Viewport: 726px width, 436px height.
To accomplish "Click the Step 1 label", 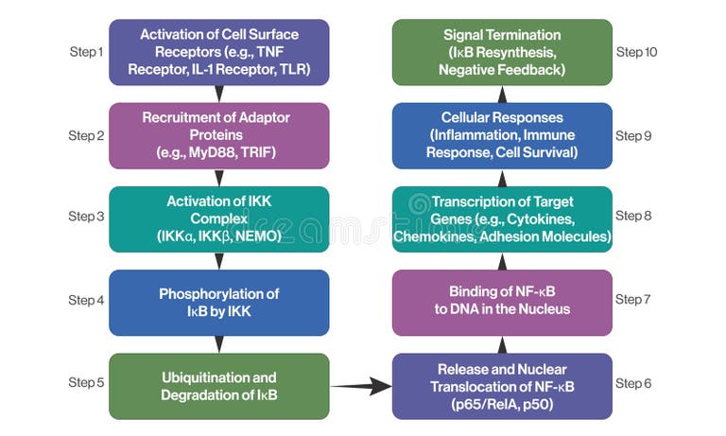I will click(86, 52).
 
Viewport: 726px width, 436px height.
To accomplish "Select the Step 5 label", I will click(86, 383).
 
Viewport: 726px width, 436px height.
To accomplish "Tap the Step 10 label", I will click(636, 52).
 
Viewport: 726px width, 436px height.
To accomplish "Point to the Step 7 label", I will click(633, 300).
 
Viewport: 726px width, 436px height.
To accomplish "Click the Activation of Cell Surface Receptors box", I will click(219, 52).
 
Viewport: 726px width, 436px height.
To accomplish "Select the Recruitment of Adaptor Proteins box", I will click(219, 135).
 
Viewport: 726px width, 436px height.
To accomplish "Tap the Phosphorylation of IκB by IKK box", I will click(219, 303).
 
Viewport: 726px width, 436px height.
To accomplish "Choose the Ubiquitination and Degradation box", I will click(219, 386).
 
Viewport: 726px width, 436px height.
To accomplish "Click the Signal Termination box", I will click(502, 52).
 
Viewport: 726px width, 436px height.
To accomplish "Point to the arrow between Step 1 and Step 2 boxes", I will click(219, 94).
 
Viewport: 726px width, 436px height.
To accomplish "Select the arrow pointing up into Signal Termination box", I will click(502, 94).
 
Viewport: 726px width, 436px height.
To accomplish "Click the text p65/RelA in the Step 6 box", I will click(480, 403).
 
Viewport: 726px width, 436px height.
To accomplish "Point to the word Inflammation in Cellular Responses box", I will click(490, 135).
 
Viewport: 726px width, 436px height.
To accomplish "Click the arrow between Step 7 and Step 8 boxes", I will click(502, 260).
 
